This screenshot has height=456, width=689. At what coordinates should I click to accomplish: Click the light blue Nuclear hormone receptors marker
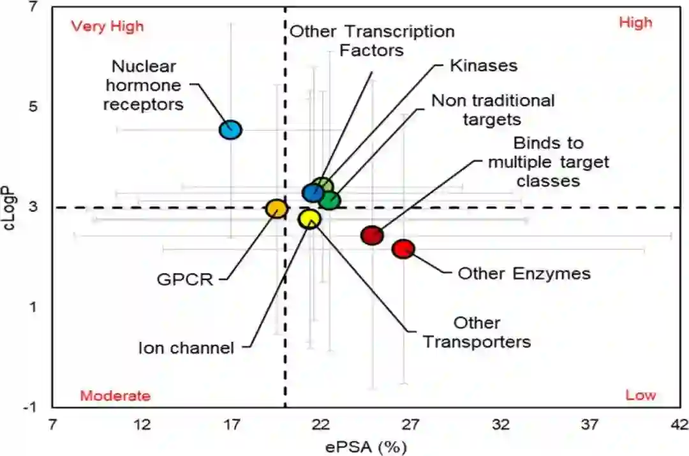230,129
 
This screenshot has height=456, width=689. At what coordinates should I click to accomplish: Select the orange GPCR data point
276,209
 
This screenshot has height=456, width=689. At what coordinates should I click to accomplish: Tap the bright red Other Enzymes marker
403,249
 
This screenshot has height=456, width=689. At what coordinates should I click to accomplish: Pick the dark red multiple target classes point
371,235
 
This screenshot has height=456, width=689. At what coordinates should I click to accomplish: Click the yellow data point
309,219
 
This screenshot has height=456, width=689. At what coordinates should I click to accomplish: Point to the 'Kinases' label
483,65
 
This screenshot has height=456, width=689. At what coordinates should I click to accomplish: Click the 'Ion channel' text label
186,348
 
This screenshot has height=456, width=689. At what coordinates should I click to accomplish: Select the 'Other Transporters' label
477,332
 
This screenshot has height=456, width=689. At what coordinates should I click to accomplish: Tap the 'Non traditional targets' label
493,110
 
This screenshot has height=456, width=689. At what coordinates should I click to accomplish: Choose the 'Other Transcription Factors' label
372,40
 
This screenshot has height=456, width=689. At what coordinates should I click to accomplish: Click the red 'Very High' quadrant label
107,26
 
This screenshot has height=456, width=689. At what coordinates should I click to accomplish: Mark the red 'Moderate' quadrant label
115,396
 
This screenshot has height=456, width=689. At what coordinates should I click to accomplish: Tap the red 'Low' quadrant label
640,395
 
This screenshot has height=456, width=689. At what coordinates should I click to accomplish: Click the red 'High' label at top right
635,23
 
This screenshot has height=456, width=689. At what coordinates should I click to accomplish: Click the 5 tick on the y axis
33,106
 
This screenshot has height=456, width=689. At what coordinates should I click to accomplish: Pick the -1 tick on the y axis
31,408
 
